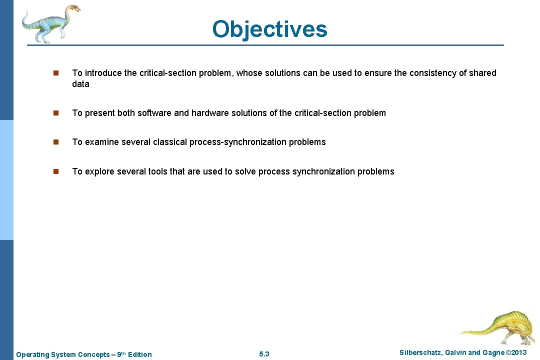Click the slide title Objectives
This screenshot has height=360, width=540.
point(269,29)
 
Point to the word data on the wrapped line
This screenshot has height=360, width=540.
point(80,84)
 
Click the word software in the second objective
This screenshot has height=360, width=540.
point(151,113)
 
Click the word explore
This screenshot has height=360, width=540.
point(99,171)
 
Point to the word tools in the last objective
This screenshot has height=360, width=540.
point(157,171)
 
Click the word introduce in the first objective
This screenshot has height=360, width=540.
point(103,73)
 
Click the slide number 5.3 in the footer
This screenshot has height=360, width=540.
point(264,354)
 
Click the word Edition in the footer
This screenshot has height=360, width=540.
point(139,354)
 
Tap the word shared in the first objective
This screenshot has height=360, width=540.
point(482,73)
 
